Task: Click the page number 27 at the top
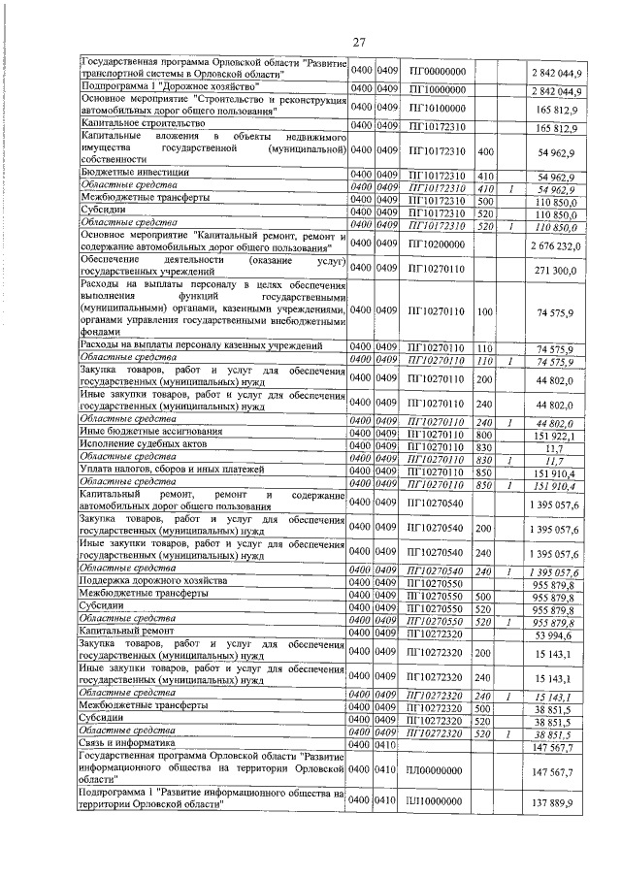coord(358,41)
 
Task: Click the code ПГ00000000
coord(439,72)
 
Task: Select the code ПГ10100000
coord(439,107)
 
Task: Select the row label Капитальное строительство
coord(142,125)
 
